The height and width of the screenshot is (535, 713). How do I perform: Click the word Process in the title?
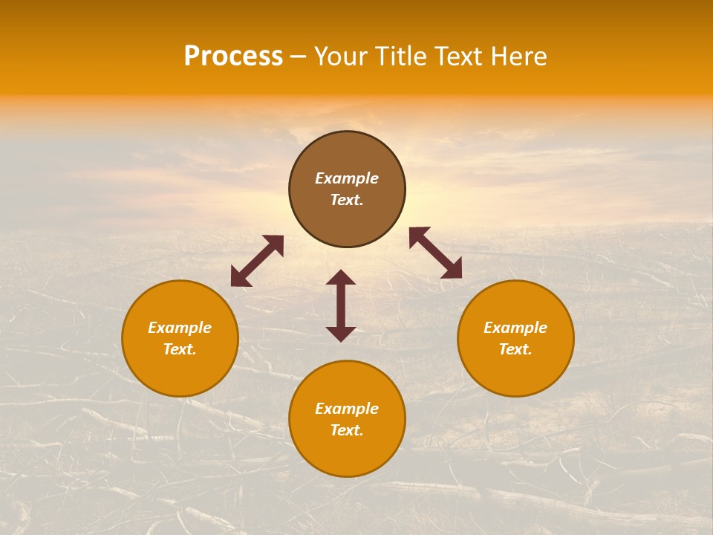[233, 56]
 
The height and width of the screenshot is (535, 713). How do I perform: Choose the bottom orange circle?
[347, 454]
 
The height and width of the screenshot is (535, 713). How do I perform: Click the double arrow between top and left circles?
[257, 261]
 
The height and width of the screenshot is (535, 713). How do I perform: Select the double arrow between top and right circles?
[435, 253]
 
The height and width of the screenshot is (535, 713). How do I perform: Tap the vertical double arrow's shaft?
[341, 305]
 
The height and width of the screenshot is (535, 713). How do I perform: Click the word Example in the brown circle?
[347, 178]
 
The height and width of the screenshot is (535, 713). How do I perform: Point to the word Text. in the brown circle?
[347, 200]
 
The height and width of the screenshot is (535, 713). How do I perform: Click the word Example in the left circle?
[180, 328]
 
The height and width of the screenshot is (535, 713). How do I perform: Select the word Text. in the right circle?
[515, 349]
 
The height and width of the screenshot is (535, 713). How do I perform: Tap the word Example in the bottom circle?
[347, 409]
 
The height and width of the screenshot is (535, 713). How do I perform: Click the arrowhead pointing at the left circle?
[238, 279]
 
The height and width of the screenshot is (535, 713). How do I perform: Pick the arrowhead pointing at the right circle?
[452, 270]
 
